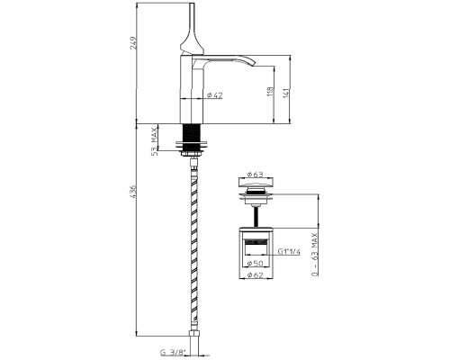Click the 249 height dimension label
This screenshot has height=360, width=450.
click(134, 43)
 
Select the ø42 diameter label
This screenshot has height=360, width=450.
click(215, 95)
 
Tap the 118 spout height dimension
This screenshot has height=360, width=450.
click(270, 92)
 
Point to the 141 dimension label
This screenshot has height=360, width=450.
click(286, 93)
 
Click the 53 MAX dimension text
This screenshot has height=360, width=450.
click(155, 141)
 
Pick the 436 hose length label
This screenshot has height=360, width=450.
click(134, 192)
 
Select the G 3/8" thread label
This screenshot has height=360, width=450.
click(174, 352)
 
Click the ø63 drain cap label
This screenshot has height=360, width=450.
click(255, 174)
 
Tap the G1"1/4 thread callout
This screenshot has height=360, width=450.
click(289, 251)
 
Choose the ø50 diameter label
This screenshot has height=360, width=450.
click(255, 264)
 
